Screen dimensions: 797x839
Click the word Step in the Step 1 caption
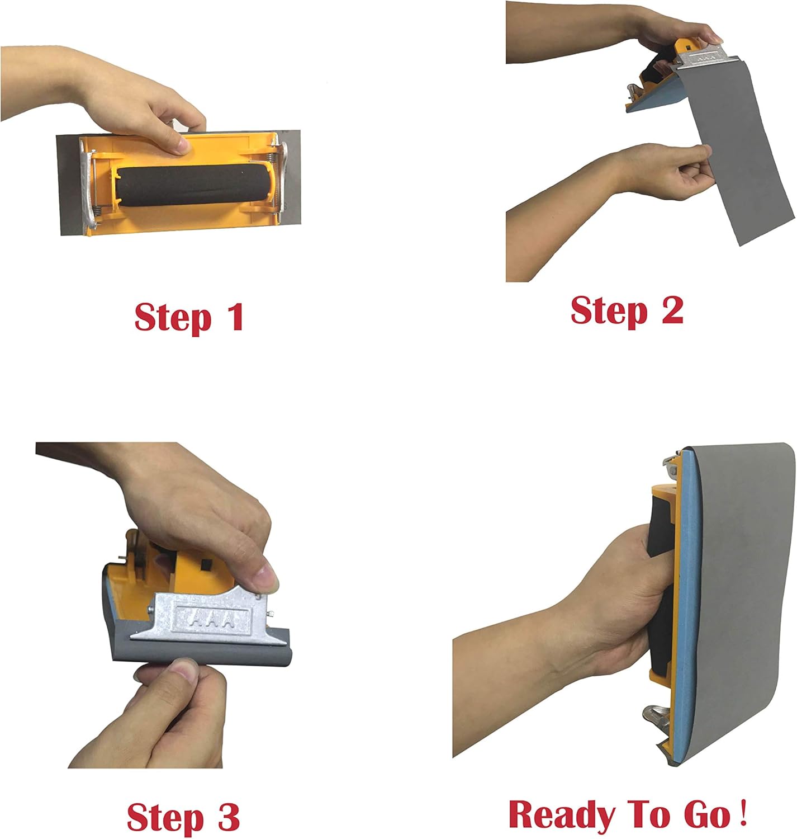tap(173, 318)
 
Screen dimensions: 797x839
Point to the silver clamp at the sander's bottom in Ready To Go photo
tap(657, 721)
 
